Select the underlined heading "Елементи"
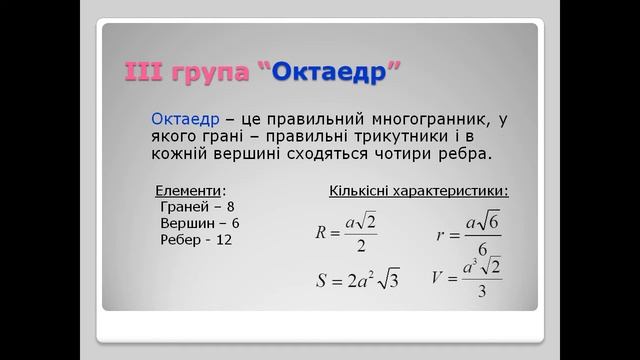pos(190,190)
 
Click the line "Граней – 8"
pos(196,207)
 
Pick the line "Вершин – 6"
pos(200,223)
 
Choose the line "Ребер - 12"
pos(196,240)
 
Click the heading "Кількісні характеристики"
pos(418,190)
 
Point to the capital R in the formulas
pos(321,233)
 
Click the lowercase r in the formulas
pos(441,236)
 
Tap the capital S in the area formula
pos(321,281)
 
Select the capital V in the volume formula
pos(438,277)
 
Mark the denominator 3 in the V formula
pos(482,292)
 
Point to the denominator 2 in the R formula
pos(360,247)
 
